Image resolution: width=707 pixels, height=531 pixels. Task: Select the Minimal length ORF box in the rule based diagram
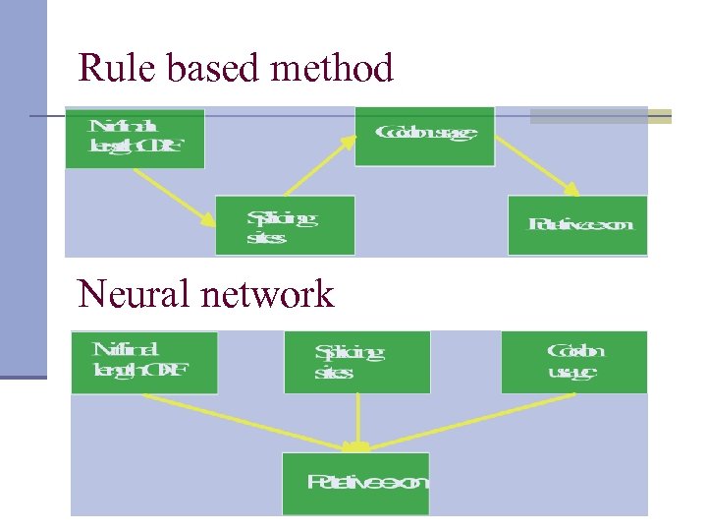[x=135, y=139]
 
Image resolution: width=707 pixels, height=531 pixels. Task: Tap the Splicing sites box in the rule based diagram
[x=286, y=226]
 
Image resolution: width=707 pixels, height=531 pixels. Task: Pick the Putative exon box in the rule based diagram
[x=577, y=225]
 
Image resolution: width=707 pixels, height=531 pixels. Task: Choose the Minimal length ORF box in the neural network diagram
[x=144, y=362]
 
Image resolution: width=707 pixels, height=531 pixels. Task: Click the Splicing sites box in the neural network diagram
[x=356, y=362]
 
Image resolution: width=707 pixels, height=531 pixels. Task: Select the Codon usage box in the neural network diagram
[x=574, y=362]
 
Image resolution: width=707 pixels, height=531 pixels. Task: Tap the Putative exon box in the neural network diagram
[x=355, y=483]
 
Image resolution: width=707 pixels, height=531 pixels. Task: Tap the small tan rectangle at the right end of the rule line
[x=661, y=116]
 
